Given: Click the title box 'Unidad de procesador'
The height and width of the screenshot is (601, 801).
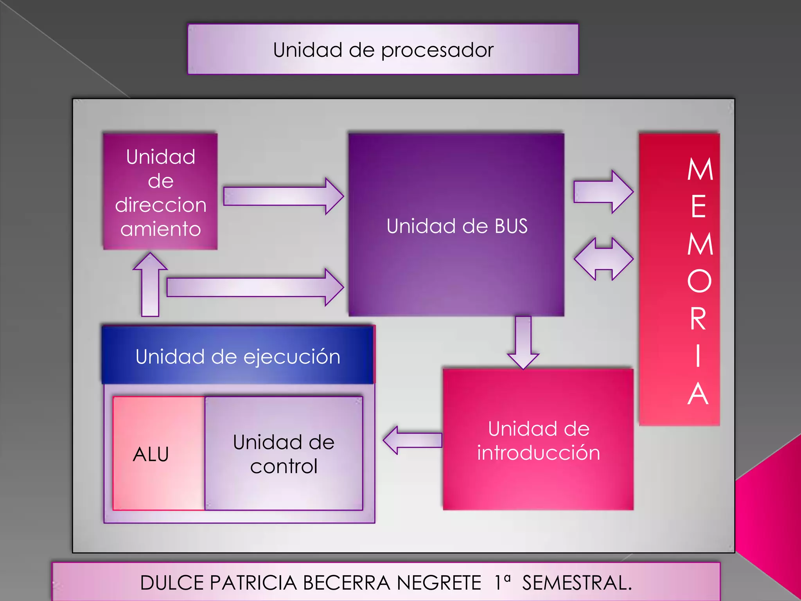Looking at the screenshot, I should (x=383, y=49).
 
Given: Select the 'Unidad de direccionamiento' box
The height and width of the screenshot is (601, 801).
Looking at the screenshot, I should (x=160, y=192).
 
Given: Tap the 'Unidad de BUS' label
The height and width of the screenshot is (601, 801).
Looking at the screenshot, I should (x=457, y=226).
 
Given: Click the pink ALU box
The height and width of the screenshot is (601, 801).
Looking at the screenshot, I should (x=158, y=454).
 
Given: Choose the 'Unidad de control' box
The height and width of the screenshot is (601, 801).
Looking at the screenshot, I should (x=284, y=454).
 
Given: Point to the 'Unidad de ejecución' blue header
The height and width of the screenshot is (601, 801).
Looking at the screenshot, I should (x=238, y=356).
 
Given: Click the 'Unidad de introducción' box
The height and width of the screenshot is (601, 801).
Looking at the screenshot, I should (x=538, y=440).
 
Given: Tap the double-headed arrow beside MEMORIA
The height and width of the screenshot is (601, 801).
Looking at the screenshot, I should (x=603, y=259).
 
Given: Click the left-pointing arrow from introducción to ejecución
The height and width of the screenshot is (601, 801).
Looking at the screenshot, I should (x=412, y=440).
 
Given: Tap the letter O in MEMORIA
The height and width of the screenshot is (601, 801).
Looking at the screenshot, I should (x=699, y=281).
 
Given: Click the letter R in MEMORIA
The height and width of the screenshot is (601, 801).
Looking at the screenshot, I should (x=699, y=319).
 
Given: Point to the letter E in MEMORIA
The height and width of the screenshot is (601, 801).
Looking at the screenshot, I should (x=699, y=206).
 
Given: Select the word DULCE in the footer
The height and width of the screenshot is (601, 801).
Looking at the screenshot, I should (x=172, y=583).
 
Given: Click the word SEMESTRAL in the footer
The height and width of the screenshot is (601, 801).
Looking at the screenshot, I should (x=577, y=583).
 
